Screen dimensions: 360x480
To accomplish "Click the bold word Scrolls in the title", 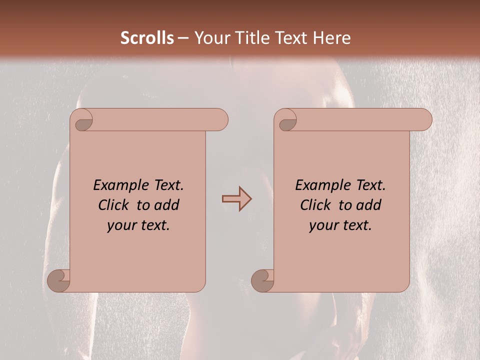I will pos(147,38).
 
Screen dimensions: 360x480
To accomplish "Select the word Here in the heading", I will pos(332,38).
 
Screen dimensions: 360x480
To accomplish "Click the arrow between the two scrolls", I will pos(237,199).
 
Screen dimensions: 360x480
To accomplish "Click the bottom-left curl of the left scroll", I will pos(59,280).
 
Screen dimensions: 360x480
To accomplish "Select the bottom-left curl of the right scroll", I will pos(262,280).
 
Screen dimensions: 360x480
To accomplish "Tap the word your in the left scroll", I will pos(120,225).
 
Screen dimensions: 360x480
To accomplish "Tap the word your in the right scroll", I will pos(322,225).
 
